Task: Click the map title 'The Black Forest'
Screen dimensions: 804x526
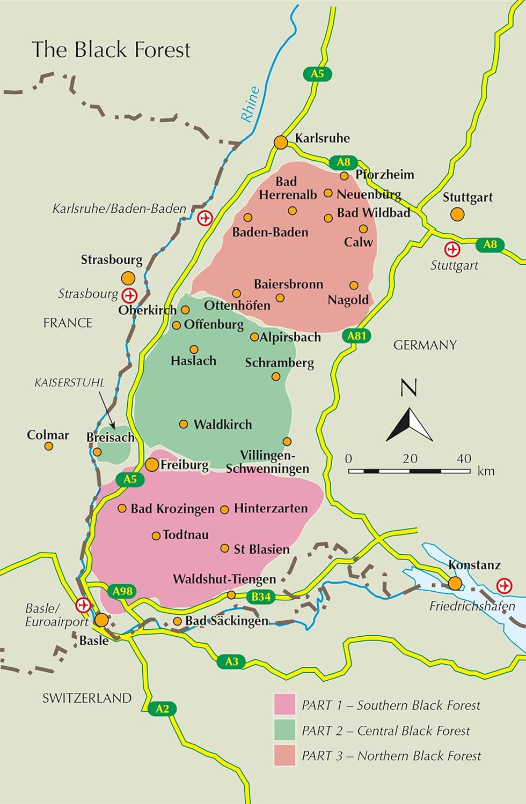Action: (111, 50)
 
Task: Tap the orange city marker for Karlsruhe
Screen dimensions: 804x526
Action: (281, 143)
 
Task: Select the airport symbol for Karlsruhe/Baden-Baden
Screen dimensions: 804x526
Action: (205, 218)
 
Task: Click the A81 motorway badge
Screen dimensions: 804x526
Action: (356, 336)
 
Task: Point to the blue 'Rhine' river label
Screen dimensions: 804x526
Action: (250, 104)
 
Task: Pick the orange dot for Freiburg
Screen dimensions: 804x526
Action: (152, 465)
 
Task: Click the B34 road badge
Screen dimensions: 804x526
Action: (261, 597)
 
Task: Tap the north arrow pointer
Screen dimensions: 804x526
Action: (410, 425)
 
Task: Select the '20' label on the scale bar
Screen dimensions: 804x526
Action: (410, 459)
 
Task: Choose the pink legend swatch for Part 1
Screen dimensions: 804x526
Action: (284, 704)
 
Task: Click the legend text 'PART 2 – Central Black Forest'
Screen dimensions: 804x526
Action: (385, 731)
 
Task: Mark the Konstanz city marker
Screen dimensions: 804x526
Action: (455, 583)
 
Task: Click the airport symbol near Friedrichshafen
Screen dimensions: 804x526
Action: (505, 586)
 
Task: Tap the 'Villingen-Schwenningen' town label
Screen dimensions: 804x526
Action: (267, 462)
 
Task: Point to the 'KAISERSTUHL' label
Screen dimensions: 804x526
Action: (69, 383)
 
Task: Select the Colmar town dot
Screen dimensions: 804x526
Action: (49, 446)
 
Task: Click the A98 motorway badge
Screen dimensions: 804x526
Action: (122, 591)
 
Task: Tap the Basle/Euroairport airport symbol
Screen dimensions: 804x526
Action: (83, 605)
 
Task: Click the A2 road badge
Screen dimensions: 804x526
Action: (162, 709)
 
